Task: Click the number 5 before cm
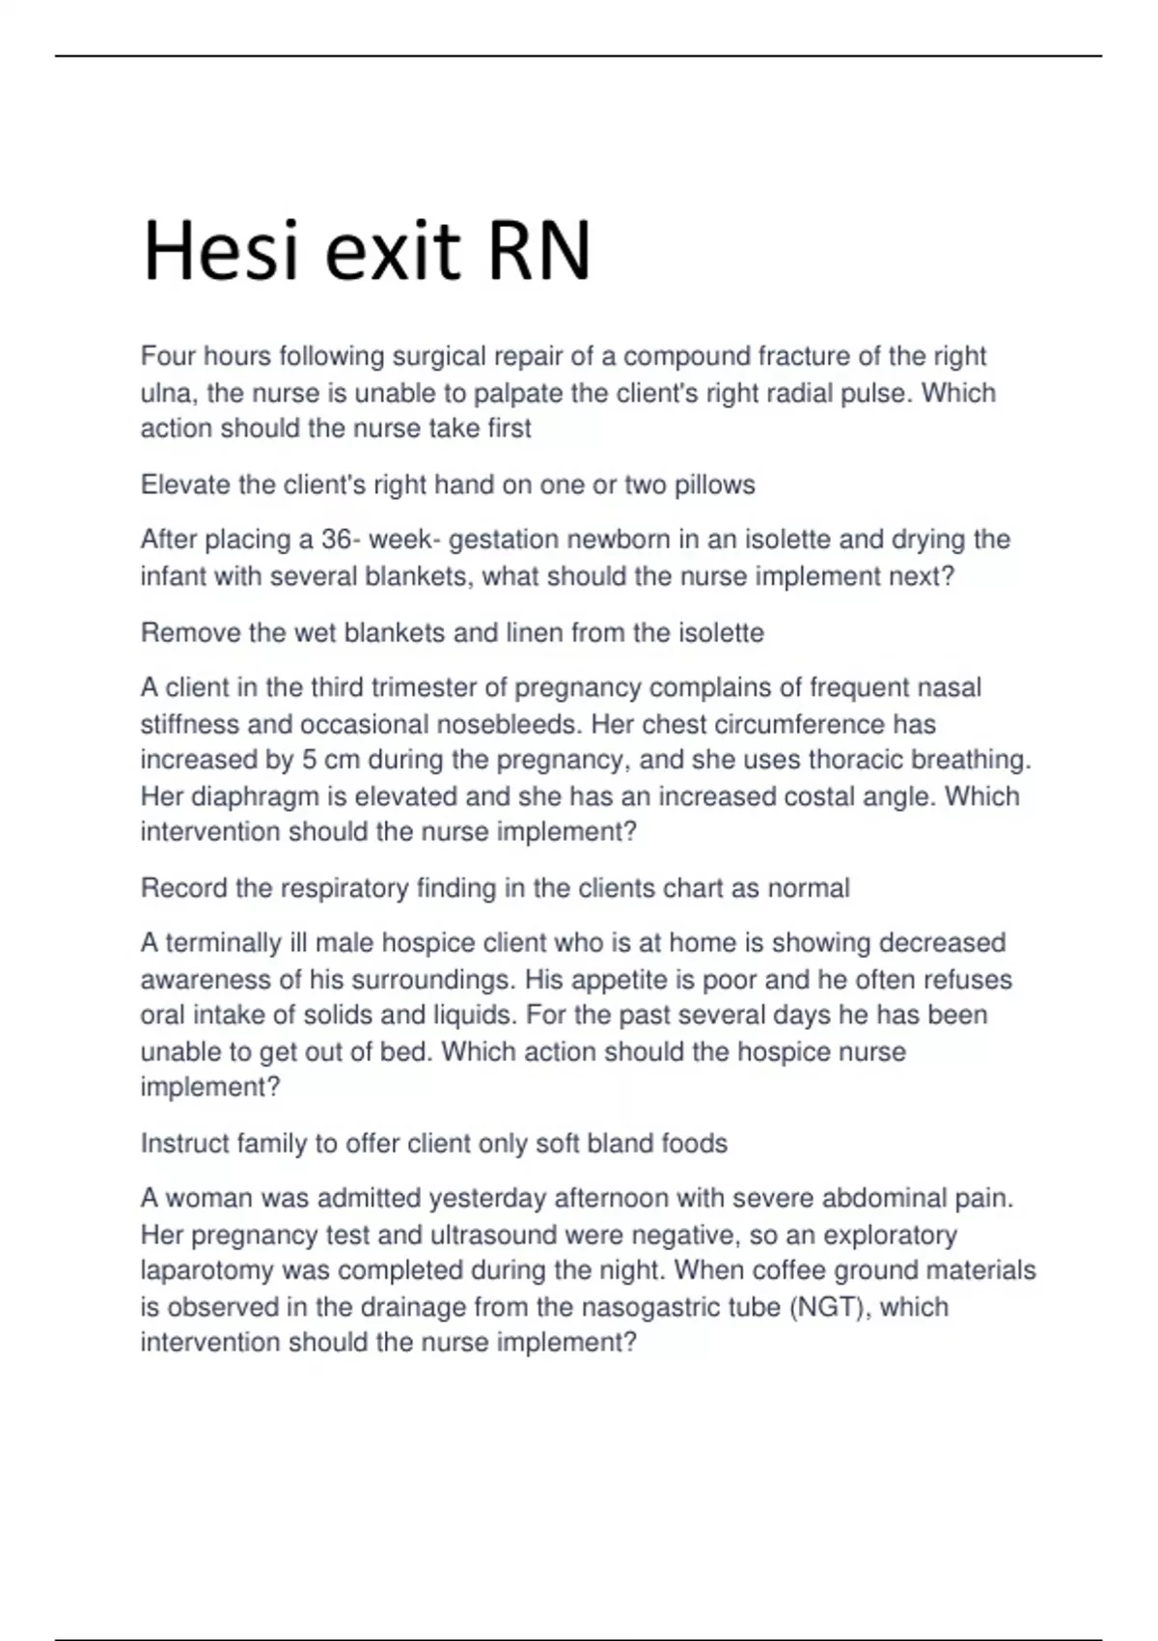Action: [x=309, y=760]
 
